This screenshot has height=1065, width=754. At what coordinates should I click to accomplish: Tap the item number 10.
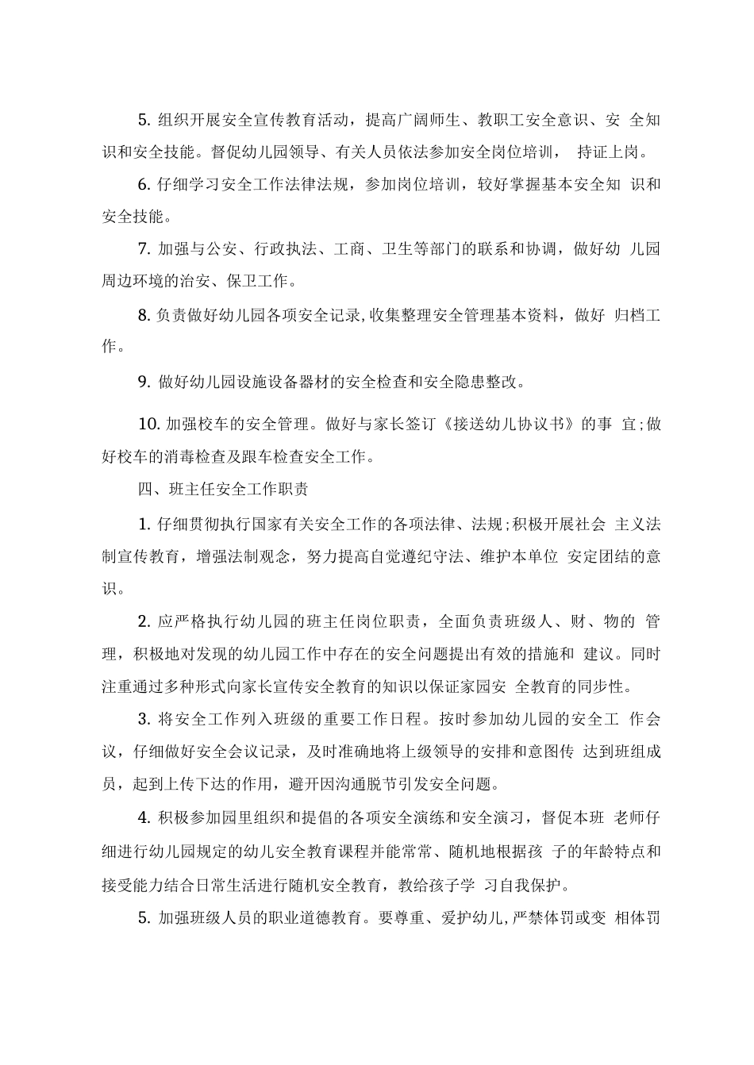149,424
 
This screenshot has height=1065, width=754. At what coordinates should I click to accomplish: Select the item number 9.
144,382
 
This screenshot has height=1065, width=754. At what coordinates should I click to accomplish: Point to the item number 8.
144,316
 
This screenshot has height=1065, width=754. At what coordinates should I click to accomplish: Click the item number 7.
144,249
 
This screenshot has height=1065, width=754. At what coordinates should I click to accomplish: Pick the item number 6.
144,184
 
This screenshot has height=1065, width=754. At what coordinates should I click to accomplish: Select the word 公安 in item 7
214,249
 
